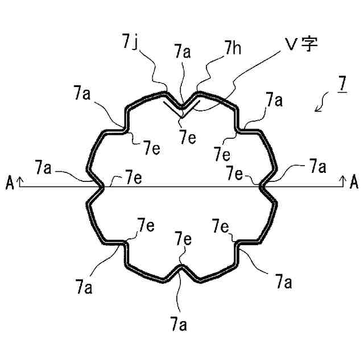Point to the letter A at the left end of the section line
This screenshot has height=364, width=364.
tap(10, 182)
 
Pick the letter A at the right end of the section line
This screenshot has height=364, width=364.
tap(354, 182)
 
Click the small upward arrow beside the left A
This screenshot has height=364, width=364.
tap(20, 181)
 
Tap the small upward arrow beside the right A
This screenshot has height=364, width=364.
tap(343, 181)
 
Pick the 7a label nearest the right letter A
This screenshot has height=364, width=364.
tap(318, 167)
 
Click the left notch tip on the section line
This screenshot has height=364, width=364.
tap(102, 186)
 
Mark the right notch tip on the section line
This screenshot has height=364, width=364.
tap(262, 186)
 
